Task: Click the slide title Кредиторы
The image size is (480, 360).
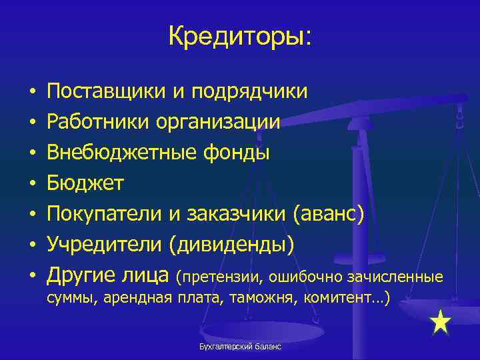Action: click(239, 36)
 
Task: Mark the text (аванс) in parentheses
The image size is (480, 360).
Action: click(329, 213)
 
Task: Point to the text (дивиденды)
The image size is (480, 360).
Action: click(231, 244)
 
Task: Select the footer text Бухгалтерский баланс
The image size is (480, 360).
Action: click(240, 347)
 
